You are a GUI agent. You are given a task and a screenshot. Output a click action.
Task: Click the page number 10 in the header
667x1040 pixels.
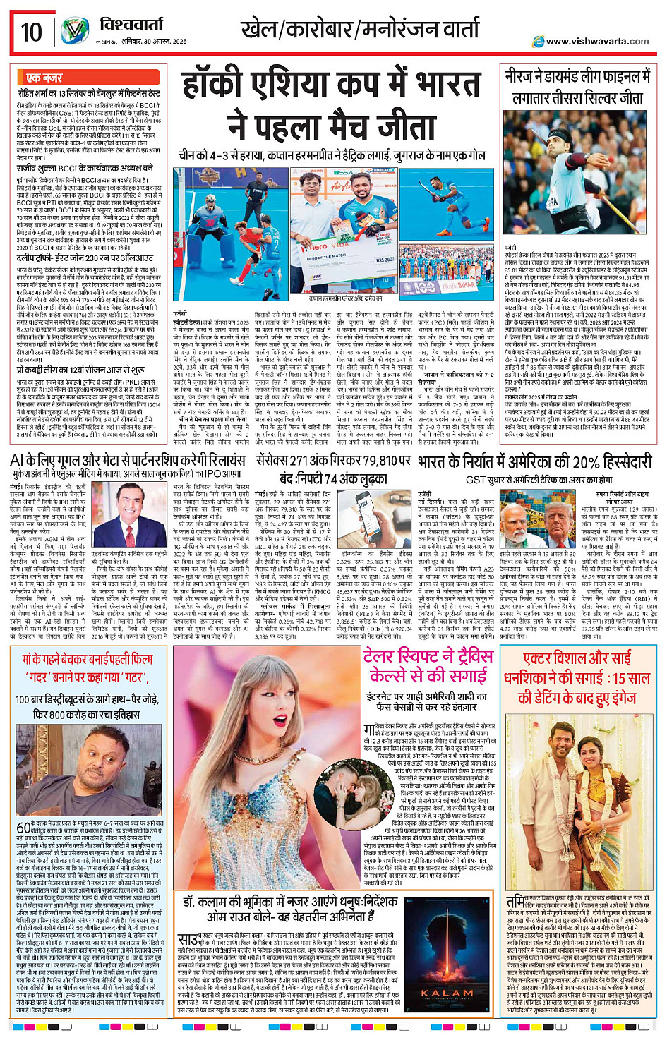[31, 32]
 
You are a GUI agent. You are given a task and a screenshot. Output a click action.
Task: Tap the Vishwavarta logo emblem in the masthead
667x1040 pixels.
[74, 31]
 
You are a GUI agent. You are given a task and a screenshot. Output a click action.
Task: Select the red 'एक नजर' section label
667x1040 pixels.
[44, 78]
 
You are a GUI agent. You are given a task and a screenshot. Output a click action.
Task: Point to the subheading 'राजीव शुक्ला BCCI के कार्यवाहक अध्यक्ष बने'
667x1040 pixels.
[85, 169]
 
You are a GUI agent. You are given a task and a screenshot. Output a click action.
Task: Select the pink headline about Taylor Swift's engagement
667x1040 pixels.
[428, 665]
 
